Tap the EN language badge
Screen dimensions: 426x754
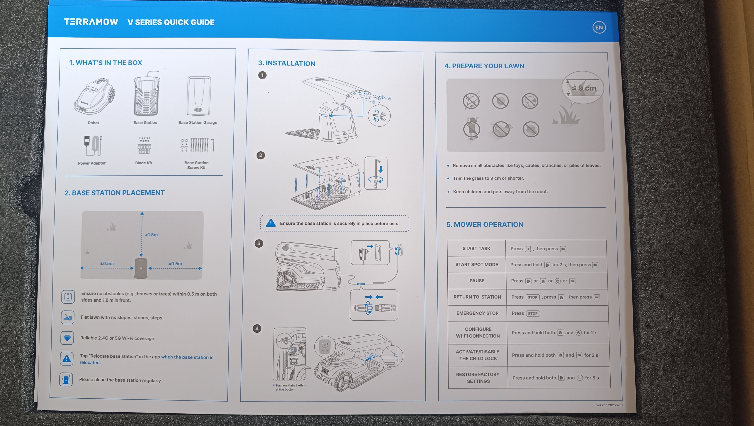(x=599, y=28)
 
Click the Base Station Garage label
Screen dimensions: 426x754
(x=198, y=123)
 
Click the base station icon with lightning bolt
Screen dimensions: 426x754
(x=141, y=268)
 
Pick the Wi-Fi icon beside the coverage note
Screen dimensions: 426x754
(x=67, y=338)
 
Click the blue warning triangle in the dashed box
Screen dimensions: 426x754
(x=271, y=223)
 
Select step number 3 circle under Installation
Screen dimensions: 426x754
(x=259, y=244)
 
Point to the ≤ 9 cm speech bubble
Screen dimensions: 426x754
(x=583, y=88)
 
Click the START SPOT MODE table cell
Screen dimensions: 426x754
(x=477, y=265)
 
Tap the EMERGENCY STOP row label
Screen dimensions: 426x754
(x=477, y=313)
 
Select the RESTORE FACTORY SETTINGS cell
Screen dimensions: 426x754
(x=478, y=378)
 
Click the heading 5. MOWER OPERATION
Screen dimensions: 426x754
(x=485, y=225)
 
